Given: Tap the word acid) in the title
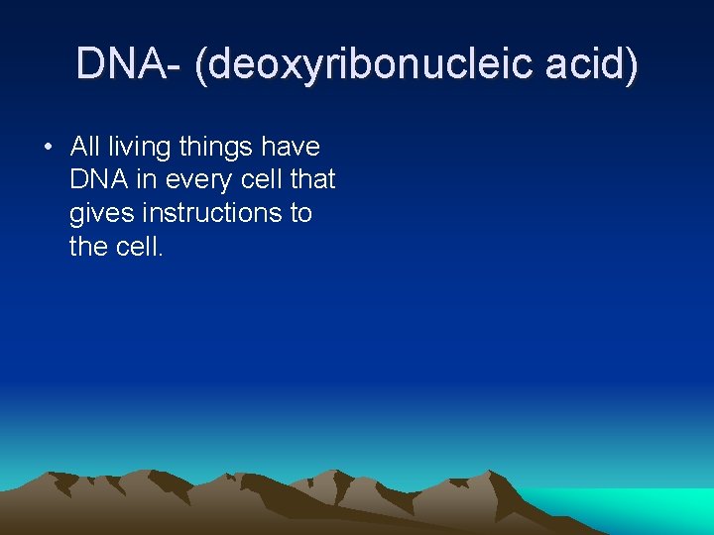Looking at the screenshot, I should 599,64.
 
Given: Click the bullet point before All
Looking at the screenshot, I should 47,148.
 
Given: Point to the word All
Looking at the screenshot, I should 85,147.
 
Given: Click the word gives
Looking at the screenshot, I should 100,213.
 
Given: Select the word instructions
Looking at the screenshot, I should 210,212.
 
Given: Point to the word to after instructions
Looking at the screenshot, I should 300,212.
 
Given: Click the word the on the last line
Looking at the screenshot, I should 88,246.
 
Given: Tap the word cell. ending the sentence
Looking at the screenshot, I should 139,246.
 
